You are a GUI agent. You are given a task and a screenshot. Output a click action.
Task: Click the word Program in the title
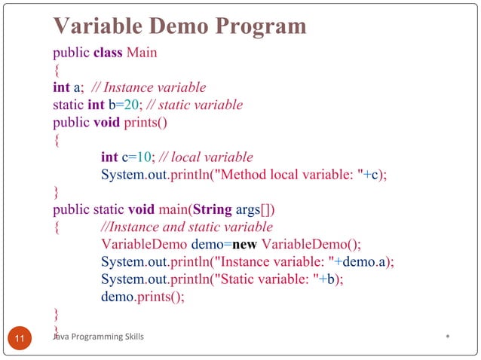[x=260, y=27]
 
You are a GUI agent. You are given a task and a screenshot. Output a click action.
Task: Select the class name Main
[x=142, y=53]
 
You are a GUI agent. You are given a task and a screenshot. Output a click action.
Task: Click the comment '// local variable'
[x=207, y=157]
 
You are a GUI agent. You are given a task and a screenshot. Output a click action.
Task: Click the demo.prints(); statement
[x=142, y=296]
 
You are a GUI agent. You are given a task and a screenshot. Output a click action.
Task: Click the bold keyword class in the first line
[x=108, y=53]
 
